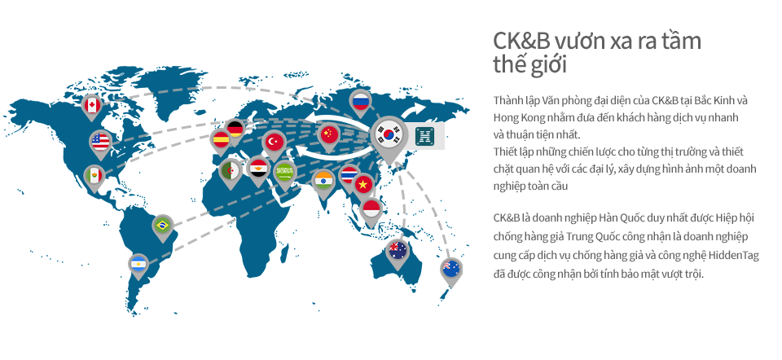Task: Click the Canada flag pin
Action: [92, 106]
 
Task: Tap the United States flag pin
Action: [100, 143]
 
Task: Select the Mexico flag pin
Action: [94, 177]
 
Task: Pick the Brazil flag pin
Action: [162, 226]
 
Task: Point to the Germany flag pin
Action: [235, 130]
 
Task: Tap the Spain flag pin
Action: [221, 140]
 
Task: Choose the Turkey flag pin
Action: [274, 143]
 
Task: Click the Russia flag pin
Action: [360, 103]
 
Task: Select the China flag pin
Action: [327, 135]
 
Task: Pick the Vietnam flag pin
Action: [363, 186]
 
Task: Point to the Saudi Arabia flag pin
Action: [286, 173]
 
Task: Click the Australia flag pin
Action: [398, 251]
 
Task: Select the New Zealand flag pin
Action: [451, 270]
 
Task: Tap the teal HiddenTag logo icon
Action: [426, 136]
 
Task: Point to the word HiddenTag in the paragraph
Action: [732, 257]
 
